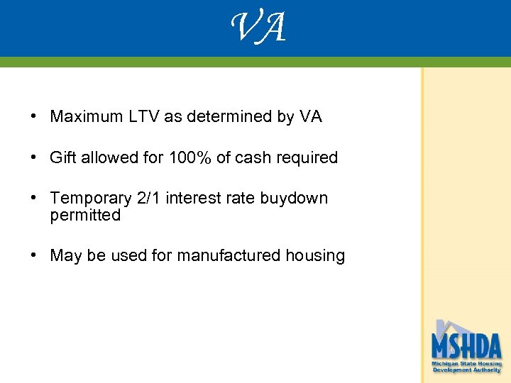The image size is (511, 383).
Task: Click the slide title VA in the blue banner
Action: tap(258, 28)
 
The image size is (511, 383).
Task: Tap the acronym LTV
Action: tap(142, 117)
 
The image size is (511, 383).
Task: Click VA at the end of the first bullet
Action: tap(310, 117)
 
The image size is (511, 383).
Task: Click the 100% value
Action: tap(189, 157)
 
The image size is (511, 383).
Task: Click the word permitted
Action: tap(85, 215)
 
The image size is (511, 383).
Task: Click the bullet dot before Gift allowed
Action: tap(34, 157)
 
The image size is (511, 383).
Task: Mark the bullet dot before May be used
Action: tap(34, 255)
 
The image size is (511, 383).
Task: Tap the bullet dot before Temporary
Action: tap(34, 199)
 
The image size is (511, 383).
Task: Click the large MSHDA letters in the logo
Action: tap(466, 346)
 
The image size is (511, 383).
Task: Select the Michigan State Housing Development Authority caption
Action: tap(466, 367)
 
